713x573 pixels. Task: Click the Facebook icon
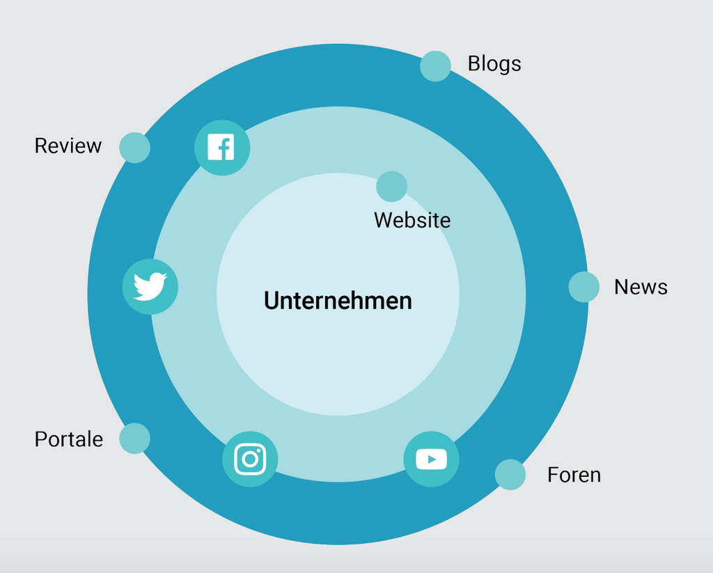221,148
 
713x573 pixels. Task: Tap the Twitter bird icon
150,286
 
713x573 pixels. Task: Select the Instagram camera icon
250,459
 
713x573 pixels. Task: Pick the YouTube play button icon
431,459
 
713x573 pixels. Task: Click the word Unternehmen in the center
338,301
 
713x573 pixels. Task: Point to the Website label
412,220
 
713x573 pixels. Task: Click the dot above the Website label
391,187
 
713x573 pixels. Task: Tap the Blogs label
494,64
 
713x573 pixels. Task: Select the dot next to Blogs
435,66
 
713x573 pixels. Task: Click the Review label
68,146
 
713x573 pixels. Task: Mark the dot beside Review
134,148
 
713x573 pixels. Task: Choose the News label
641,287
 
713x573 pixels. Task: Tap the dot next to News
583,287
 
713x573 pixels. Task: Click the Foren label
574,475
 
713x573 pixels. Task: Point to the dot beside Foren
510,474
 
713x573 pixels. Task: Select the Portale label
69,439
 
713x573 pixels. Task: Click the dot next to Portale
134,439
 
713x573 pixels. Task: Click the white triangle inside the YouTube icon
432,459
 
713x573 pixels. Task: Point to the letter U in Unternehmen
272,301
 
